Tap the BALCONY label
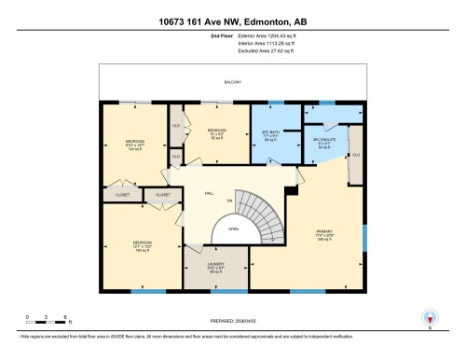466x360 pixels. [232, 83]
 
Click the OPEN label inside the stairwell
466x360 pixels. [233, 228]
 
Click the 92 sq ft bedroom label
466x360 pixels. [216, 134]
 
